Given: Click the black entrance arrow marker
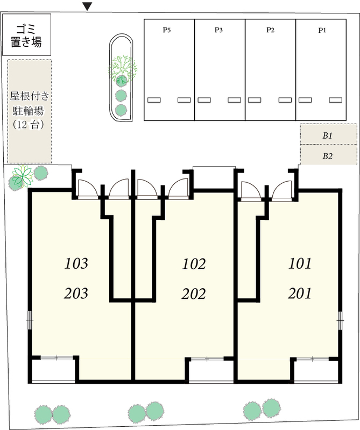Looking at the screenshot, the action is click(87, 6).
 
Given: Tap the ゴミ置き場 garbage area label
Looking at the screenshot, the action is click(26, 35).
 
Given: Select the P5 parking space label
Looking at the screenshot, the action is click(167, 30).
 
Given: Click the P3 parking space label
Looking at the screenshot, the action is click(218, 30).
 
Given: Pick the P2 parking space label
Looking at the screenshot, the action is click(271, 30).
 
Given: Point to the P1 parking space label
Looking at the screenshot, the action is click(322, 30).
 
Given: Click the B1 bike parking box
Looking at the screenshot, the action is click(329, 134).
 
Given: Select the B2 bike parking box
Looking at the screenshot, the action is click(329, 155).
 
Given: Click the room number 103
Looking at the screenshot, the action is click(76, 263).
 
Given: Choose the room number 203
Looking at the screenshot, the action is click(76, 293).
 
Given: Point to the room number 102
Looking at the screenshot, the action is click(194, 264).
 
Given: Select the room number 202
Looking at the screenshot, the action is click(194, 294).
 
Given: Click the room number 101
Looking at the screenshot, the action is click(300, 263).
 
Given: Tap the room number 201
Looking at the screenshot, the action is click(300, 293).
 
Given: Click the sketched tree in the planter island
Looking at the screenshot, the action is click(123, 69).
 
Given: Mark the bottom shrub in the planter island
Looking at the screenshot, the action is click(121, 110).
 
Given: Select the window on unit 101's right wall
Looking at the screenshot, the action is click(341, 320).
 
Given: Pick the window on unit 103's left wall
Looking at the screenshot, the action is click(30, 320).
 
